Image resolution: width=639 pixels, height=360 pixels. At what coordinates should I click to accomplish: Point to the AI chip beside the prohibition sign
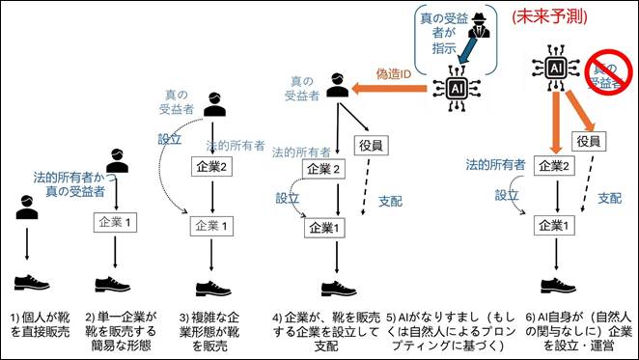[555, 69]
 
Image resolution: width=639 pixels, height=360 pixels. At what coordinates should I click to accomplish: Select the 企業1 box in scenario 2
[118, 223]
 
